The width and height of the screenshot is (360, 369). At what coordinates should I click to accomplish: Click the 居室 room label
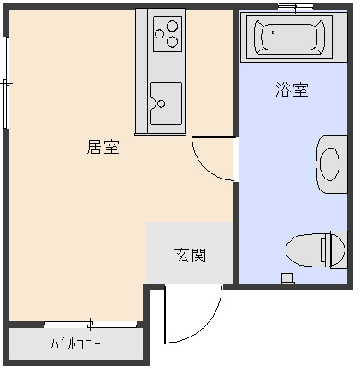coord(103,147)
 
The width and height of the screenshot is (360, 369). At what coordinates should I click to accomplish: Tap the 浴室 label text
coord(292,90)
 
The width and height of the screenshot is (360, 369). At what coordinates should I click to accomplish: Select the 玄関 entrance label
coord(190,255)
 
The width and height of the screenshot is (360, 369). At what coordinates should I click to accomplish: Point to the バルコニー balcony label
coord(75,344)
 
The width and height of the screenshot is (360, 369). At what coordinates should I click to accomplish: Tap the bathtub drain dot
coord(273,32)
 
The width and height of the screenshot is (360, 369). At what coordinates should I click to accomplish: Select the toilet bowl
coord(306,250)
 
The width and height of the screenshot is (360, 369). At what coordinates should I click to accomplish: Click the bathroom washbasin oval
coord(329,164)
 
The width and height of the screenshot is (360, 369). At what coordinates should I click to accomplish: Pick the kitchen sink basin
coord(166,103)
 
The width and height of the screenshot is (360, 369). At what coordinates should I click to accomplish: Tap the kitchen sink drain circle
coord(162,103)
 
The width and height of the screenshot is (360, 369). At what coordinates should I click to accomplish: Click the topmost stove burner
coord(172,26)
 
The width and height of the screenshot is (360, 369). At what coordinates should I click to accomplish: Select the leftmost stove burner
coord(159,34)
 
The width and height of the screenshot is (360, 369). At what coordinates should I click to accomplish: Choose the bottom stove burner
coord(173,42)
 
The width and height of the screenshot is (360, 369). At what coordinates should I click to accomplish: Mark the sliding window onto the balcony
coord(91,324)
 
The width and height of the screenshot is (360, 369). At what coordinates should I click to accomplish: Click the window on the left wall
coord(6,83)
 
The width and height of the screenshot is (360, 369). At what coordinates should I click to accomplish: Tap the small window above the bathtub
coord(295,7)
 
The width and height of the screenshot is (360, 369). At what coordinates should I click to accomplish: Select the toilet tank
coord(339,249)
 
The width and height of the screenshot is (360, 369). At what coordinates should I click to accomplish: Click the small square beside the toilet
coord(287,278)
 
